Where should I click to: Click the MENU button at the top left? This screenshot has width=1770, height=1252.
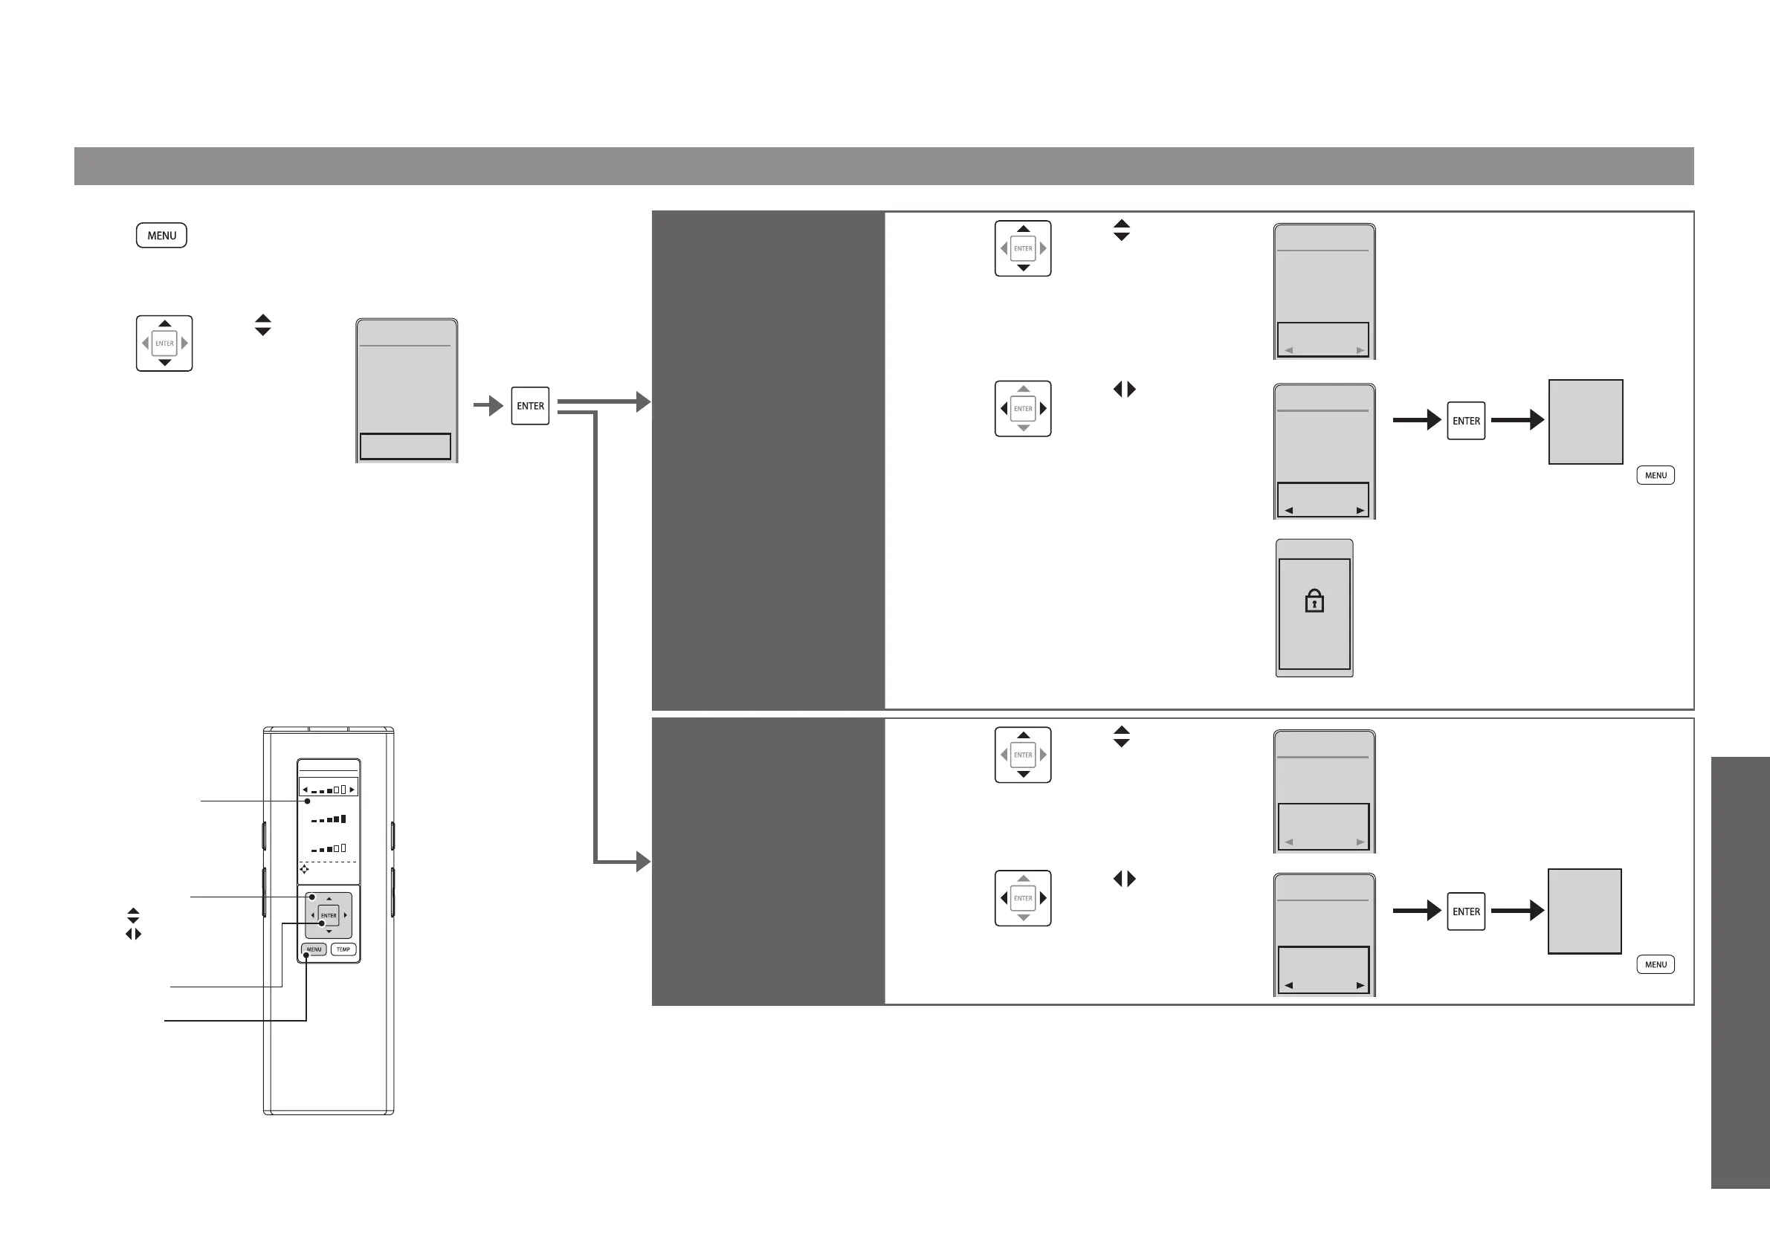161,235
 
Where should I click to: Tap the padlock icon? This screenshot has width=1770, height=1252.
1314,601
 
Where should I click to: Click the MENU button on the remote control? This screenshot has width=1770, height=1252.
314,949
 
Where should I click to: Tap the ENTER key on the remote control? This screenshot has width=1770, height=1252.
329,915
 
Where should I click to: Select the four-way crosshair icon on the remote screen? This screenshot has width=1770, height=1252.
305,869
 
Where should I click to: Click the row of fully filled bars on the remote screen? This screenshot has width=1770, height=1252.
329,819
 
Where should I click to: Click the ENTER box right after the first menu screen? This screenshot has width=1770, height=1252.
530,405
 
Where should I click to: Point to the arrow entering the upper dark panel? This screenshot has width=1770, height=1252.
642,401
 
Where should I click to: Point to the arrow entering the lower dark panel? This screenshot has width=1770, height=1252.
642,861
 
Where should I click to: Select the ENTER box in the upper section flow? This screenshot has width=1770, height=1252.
1465,421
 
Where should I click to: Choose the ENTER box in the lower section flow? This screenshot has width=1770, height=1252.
1465,911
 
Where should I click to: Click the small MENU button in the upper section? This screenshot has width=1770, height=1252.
1655,475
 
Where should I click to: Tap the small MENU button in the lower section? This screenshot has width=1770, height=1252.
1655,964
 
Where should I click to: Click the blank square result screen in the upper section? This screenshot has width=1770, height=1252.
1586,422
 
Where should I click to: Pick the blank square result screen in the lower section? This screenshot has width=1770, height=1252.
1584,911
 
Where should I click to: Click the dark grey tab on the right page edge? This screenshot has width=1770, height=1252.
1740,972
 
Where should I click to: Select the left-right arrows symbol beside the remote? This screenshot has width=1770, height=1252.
133,934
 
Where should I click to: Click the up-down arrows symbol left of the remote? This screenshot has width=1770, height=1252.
133,915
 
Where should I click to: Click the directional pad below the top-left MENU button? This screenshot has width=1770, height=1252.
164,343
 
